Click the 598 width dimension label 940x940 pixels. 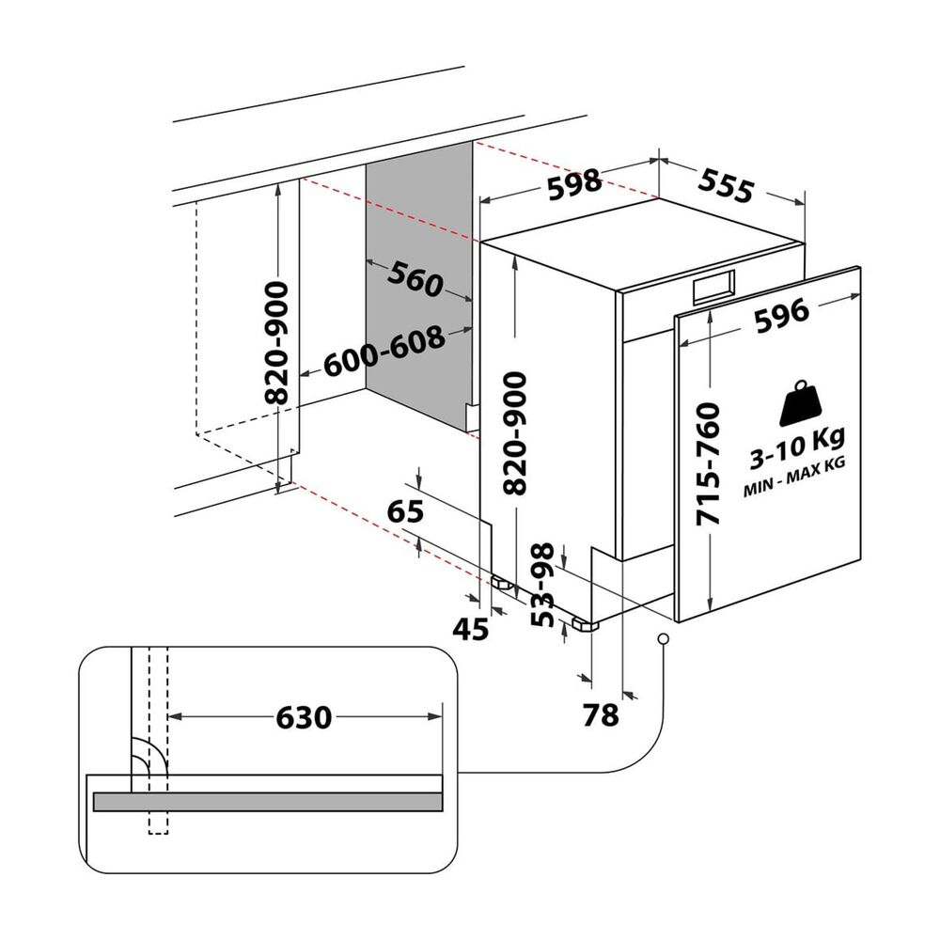tap(574, 183)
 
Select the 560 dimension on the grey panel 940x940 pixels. tap(415, 279)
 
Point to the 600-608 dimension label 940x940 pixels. tap(384, 352)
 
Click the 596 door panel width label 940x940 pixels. tap(782, 316)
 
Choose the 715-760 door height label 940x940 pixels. tap(708, 465)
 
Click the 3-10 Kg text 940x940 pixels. tap(798, 447)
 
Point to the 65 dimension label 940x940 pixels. tap(405, 510)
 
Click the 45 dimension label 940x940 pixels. tap(471, 629)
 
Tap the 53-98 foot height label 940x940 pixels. tap(543, 585)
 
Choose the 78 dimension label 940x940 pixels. tap(601, 715)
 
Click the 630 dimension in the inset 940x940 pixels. tap(304, 717)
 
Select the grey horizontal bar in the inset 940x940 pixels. tap(268, 802)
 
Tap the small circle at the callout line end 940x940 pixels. tap(663, 639)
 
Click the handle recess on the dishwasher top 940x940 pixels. tap(713, 287)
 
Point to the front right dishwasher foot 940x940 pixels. tap(586, 624)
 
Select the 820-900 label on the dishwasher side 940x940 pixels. tap(515, 432)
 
